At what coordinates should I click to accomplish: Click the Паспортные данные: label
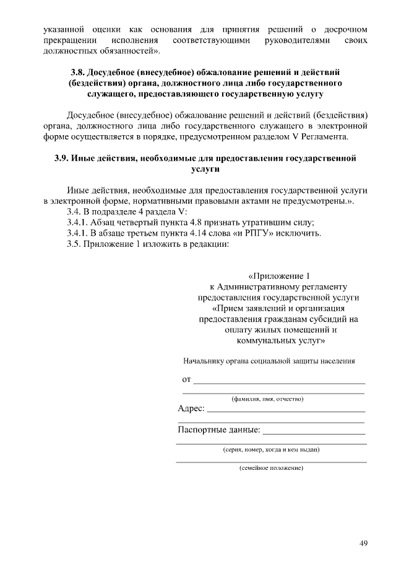pos(218,429)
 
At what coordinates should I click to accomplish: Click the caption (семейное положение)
pos(271,468)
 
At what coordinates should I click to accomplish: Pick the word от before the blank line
pos(186,379)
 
